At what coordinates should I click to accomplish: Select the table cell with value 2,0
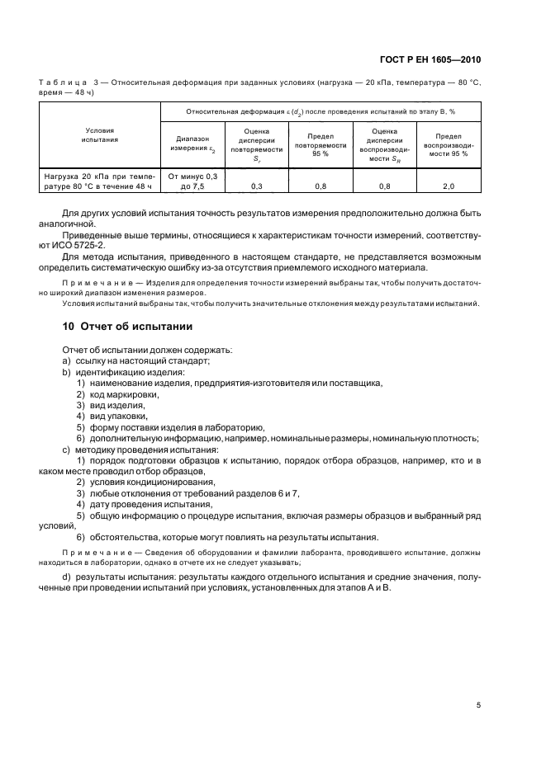pyautogui.click(x=449, y=187)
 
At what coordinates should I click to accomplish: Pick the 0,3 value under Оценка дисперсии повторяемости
pyautogui.click(x=256, y=187)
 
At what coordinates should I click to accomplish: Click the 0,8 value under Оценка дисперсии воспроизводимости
pyautogui.click(x=384, y=187)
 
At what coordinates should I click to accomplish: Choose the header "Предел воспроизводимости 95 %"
pyautogui.click(x=449, y=144)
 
